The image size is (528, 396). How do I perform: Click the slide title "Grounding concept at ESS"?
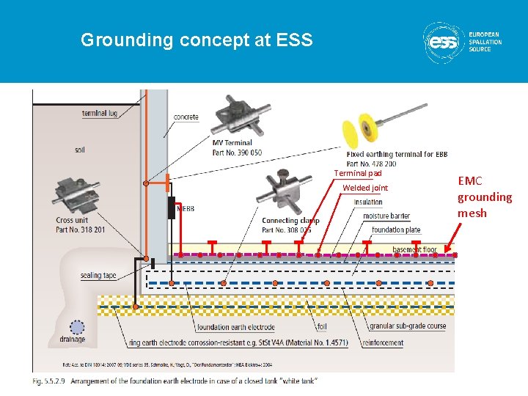pos(197,40)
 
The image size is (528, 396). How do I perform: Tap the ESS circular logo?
pos(443,41)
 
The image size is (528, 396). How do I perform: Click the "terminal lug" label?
pos(100,113)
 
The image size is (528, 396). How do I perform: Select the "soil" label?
pos(79,150)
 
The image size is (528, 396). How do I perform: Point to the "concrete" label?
pos(186,117)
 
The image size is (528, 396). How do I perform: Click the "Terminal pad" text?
pos(358,174)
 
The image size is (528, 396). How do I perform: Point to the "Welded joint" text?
pos(365,188)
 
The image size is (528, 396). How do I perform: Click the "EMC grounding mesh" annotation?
pos(485,197)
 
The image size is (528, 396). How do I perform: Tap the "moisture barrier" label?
pos(386,216)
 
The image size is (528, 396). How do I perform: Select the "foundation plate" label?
pos(396,230)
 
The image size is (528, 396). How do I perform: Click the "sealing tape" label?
pos(98,276)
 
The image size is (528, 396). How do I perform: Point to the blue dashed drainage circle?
pos(77,327)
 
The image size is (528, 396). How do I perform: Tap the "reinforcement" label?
pos(382,342)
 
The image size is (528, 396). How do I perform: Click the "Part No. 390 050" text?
pos(237,153)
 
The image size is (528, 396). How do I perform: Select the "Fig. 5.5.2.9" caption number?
pos(48,381)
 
